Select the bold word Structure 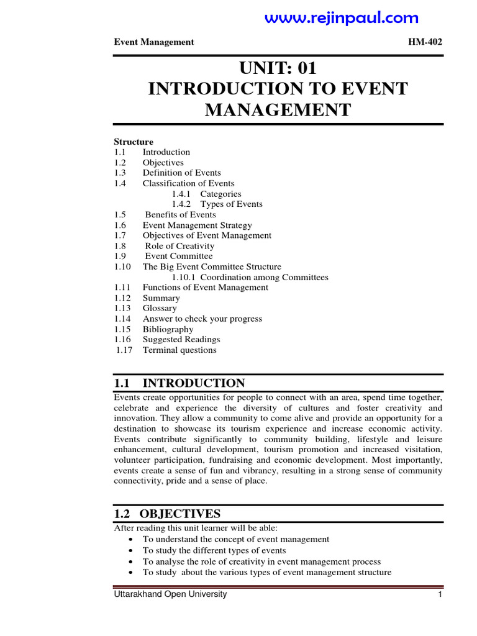[x=134, y=142]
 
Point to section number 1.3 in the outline [x=120, y=173]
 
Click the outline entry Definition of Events [x=181, y=173]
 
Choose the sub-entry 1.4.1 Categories [x=206, y=194]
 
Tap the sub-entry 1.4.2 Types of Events [x=217, y=204]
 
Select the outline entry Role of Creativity [x=179, y=246]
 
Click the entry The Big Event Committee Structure [x=212, y=266]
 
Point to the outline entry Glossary [x=160, y=308]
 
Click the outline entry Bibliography [x=168, y=329]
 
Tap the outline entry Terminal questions [x=179, y=350]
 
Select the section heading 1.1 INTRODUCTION [x=179, y=383]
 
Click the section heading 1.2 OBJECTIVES [x=166, y=514]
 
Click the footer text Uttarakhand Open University [x=170, y=594]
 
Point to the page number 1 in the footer [x=439, y=595]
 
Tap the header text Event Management [x=154, y=42]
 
